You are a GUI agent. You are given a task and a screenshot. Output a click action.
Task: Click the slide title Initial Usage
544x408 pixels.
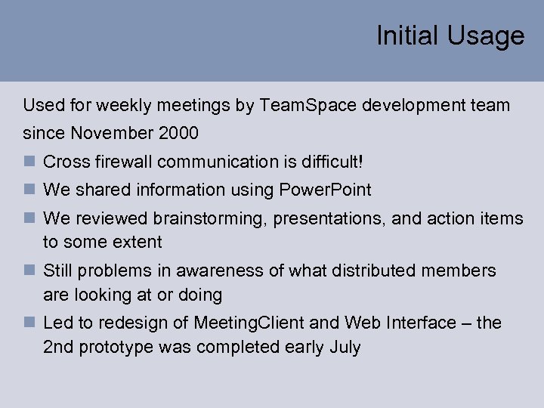tap(450, 36)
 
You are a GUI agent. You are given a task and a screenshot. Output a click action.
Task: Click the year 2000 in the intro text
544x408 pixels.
tap(178, 134)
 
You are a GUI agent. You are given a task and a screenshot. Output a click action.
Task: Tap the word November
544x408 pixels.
tap(112, 134)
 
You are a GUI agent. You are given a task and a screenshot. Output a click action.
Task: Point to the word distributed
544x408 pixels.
tap(355, 271)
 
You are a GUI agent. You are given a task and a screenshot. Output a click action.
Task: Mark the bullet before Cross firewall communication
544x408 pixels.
tap(29, 162)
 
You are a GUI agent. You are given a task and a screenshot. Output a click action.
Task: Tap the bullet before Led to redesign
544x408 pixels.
tap(29, 323)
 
